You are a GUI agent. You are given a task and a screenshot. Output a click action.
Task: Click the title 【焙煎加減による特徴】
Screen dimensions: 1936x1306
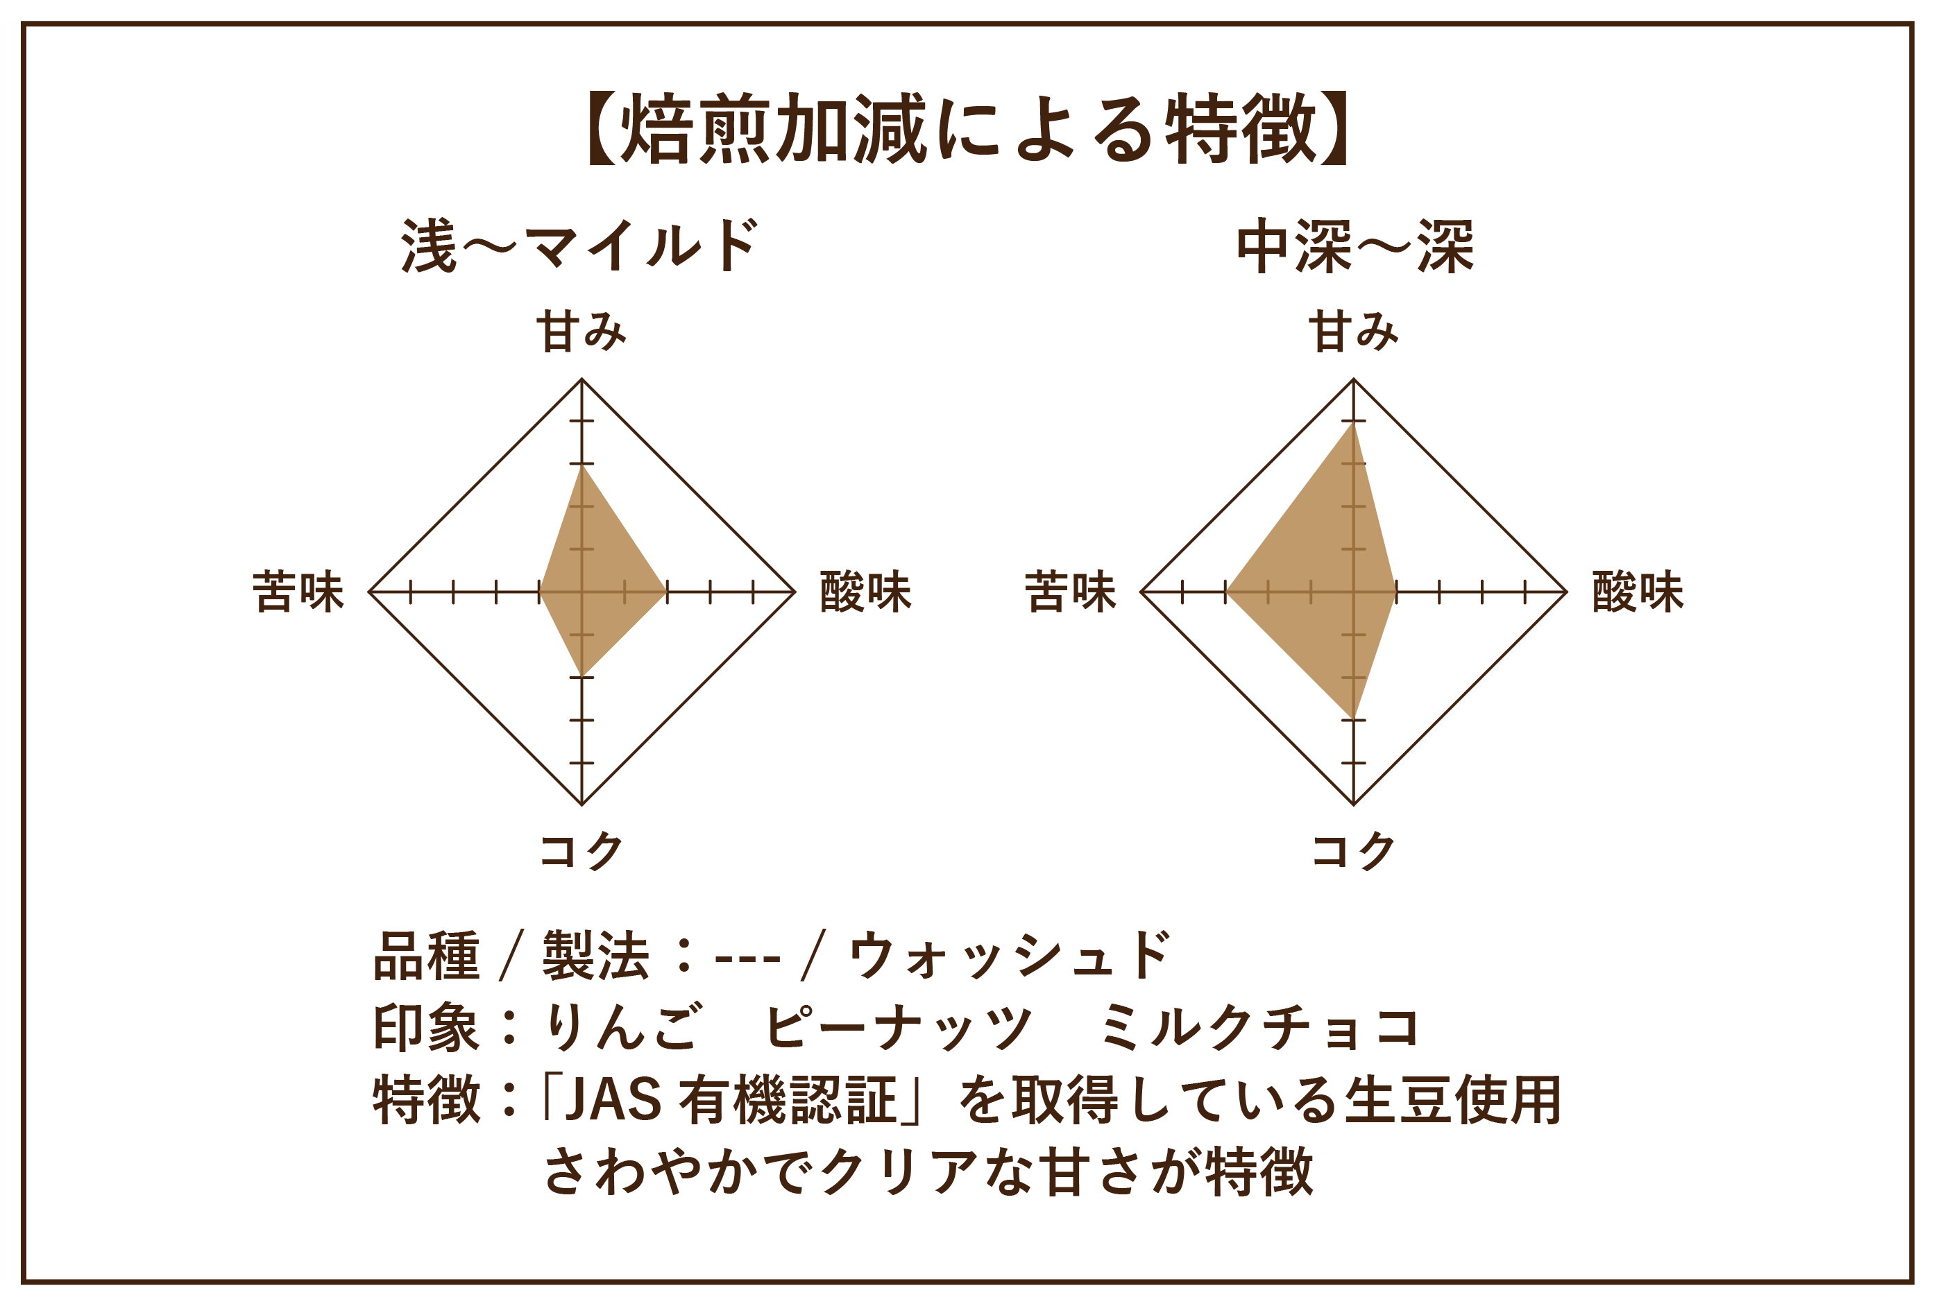(967, 129)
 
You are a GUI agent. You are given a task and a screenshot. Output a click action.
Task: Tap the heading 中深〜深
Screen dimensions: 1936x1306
(1355, 246)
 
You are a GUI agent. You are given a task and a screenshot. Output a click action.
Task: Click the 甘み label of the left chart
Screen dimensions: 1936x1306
(581, 332)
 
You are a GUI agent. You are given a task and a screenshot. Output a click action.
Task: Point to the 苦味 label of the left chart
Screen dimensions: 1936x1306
(298, 592)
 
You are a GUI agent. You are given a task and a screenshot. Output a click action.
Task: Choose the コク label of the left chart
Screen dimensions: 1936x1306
(581, 851)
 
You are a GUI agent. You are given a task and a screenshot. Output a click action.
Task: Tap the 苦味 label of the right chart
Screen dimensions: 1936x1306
(1071, 592)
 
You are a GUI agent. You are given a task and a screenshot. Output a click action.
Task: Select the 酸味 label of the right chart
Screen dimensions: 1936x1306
(1638, 592)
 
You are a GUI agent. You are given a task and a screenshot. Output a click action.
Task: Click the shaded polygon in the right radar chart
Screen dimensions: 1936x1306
(1325, 583)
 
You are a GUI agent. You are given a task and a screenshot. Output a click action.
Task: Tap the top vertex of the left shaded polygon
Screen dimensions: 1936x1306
(581, 466)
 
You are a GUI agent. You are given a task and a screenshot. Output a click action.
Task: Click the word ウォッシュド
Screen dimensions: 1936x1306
(1010, 955)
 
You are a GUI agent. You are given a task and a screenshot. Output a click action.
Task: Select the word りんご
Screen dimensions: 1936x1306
(622, 1028)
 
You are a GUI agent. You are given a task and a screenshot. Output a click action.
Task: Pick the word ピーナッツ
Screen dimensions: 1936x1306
(898, 1028)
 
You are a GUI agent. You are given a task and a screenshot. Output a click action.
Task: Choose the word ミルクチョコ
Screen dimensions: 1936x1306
(1259, 1028)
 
